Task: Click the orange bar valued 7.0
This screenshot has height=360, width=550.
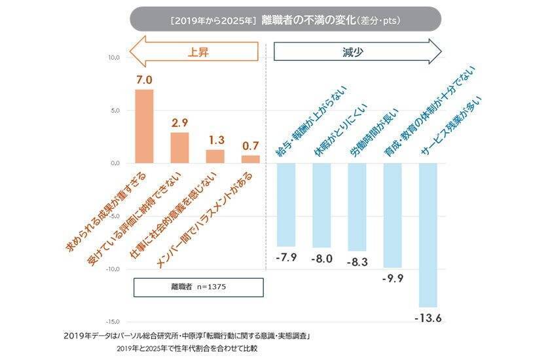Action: (x=144, y=126)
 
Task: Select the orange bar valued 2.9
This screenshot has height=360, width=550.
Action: (x=179, y=147)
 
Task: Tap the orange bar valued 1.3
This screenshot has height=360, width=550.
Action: (x=215, y=156)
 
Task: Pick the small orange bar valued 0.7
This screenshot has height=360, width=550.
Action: (x=250, y=159)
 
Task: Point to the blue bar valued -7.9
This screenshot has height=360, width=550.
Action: (x=286, y=204)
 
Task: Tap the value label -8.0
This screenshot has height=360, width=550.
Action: (x=321, y=259)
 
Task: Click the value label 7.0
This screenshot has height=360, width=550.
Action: (x=144, y=80)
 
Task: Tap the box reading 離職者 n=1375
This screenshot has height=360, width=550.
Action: (x=198, y=287)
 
